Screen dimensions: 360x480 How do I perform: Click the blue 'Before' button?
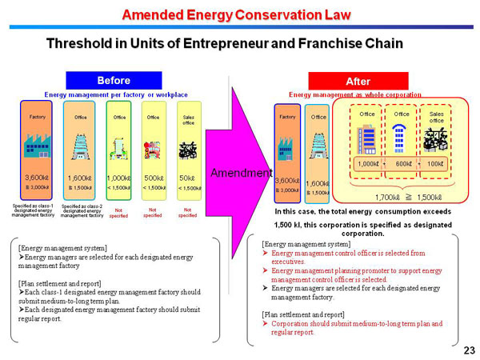(x=113, y=80)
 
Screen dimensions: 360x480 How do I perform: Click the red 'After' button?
(x=358, y=81)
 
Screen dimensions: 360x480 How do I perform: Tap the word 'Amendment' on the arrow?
(x=236, y=173)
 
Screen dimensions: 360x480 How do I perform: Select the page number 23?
(x=469, y=350)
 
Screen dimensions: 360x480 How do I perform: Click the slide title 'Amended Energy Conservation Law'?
(x=239, y=14)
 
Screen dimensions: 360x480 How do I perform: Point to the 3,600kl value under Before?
(x=38, y=178)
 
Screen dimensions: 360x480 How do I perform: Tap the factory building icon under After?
(x=287, y=148)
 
